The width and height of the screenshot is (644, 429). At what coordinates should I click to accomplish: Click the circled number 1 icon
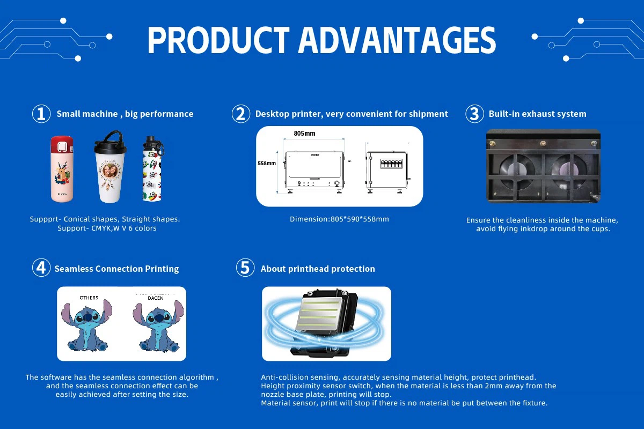[x=41, y=114]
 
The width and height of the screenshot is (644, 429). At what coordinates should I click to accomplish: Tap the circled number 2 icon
[x=241, y=114]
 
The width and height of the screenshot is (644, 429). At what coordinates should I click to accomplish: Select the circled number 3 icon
[x=474, y=114]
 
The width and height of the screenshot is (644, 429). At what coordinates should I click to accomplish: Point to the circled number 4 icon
[x=41, y=268]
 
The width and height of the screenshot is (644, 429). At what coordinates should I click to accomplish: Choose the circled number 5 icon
[x=245, y=268]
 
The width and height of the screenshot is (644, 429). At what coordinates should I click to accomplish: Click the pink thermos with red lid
[x=62, y=169]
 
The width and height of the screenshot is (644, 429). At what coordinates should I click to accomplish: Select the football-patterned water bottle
[x=152, y=169]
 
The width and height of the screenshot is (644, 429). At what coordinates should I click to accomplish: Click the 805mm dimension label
[x=304, y=133]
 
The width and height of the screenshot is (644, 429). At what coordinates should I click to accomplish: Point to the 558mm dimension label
[x=267, y=163]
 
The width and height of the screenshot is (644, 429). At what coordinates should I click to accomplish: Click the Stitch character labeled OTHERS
[x=87, y=326]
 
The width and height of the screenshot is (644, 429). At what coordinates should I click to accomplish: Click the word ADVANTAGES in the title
[x=397, y=40]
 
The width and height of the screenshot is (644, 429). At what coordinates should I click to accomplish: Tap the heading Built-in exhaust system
[x=537, y=114]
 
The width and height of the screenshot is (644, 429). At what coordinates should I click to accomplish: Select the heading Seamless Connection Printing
[x=116, y=269]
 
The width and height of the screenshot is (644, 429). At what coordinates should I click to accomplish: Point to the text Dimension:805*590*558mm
[x=339, y=219]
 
